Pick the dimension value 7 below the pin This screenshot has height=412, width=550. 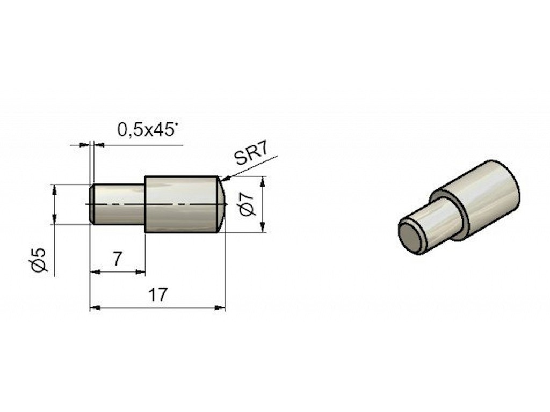pyautogui.click(x=117, y=259)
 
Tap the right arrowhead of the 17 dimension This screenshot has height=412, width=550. pyautogui.click(x=220, y=307)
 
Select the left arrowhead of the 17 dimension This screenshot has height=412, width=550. pyautogui.click(x=96, y=307)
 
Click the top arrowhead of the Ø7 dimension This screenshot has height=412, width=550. pyautogui.click(x=263, y=182)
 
